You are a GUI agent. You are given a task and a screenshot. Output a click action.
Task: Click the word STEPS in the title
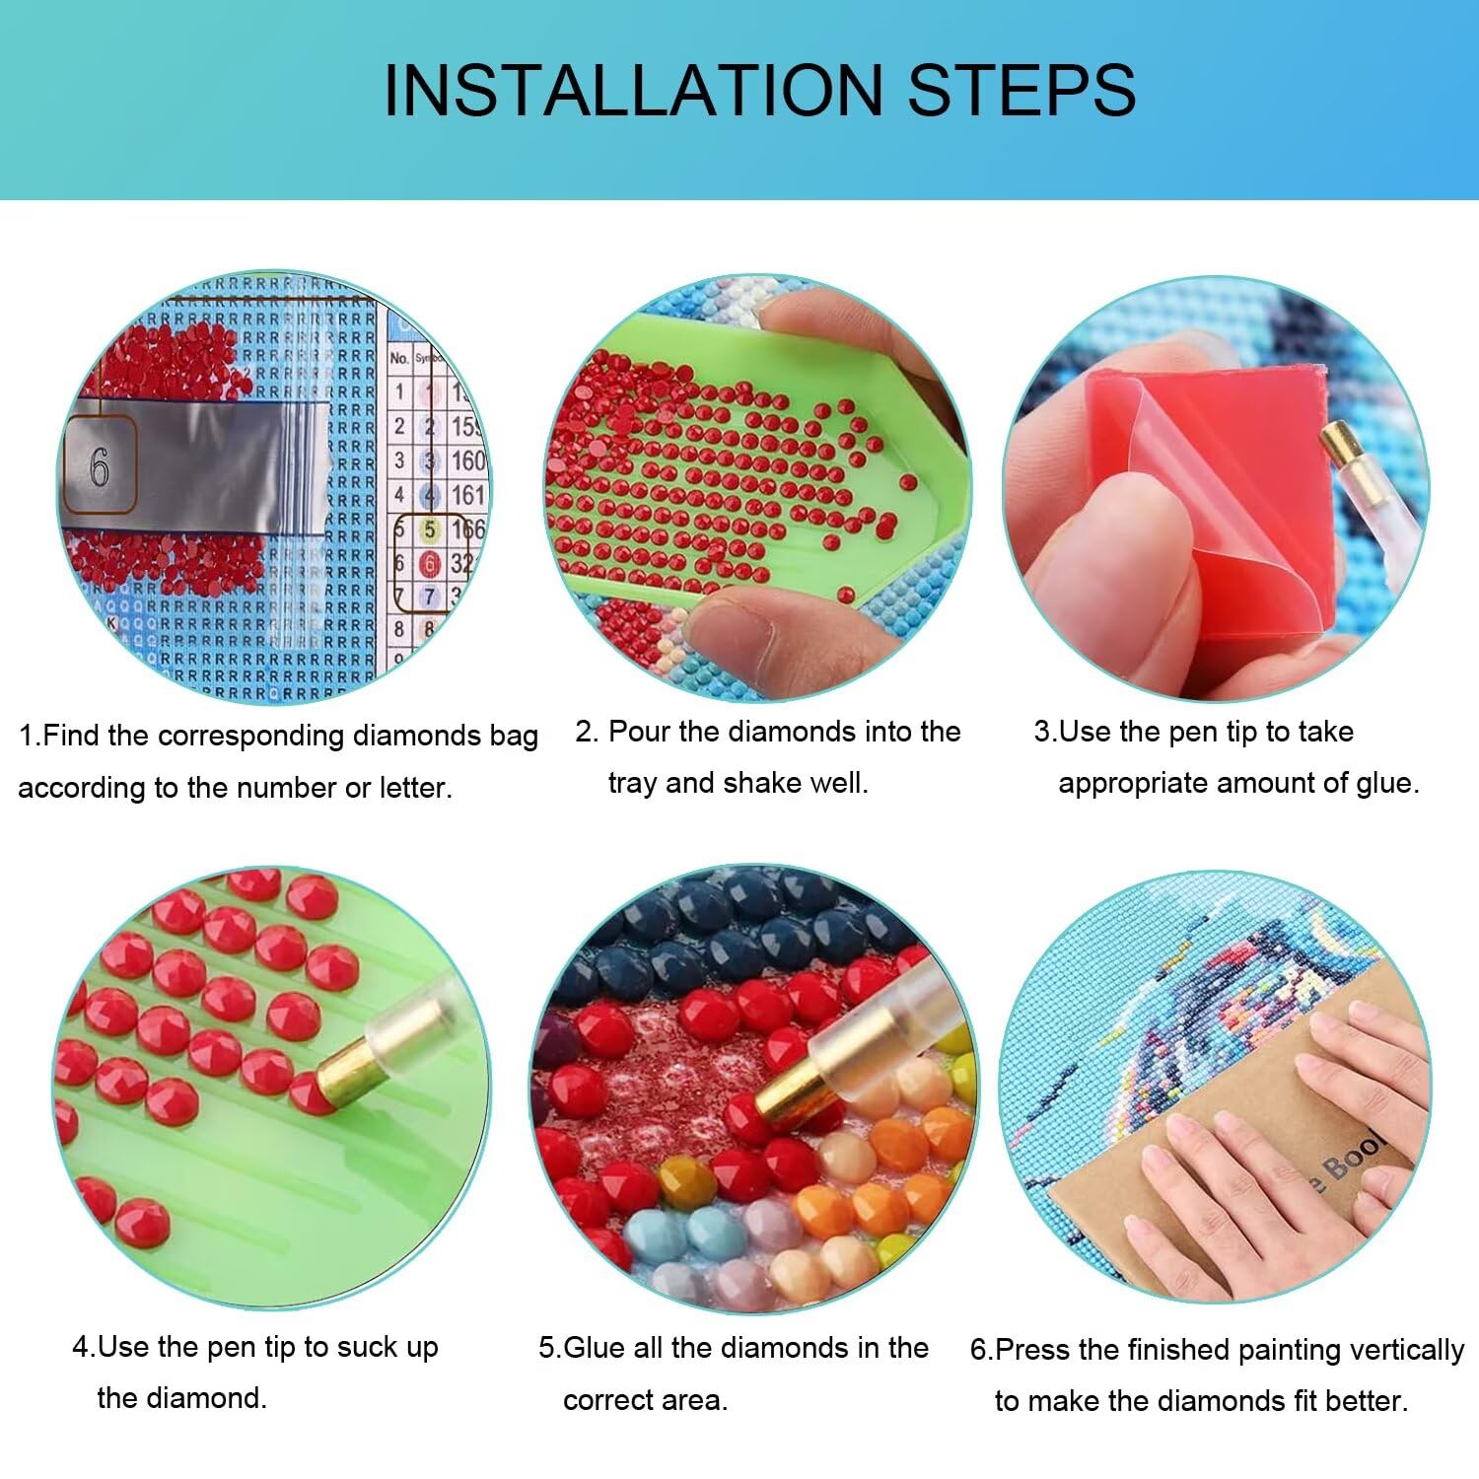(x=1021, y=91)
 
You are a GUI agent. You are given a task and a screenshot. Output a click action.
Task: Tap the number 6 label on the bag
(x=99, y=467)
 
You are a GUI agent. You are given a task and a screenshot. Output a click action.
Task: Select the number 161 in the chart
(x=468, y=494)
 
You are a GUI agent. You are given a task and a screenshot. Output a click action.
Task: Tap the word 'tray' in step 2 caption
(x=633, y=784)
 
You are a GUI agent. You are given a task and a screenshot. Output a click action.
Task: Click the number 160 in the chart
(x=468, y=460)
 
